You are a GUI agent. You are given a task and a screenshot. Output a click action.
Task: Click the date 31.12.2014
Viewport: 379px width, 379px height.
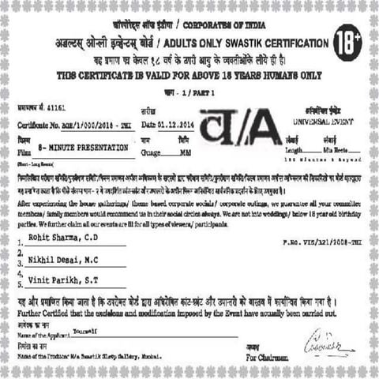171,125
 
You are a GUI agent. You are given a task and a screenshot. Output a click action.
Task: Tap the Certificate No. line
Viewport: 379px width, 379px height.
69,125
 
